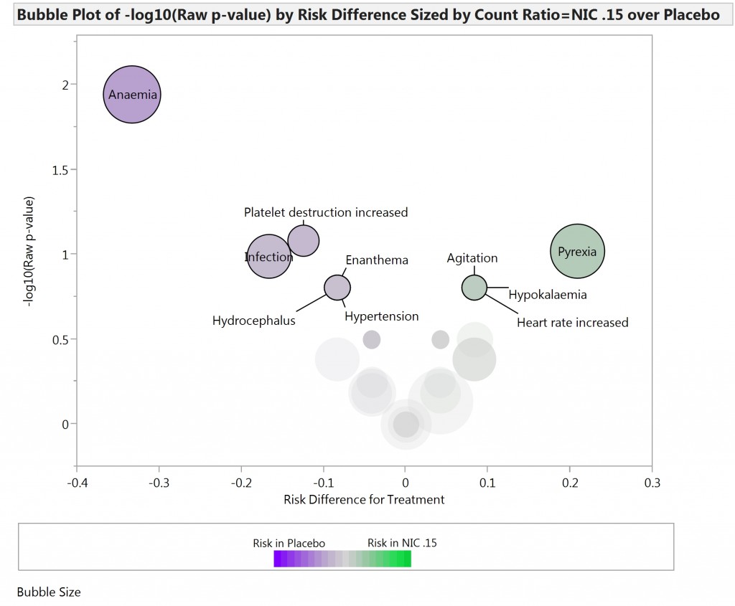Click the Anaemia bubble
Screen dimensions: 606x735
pyautogui.click(x=132, y=95)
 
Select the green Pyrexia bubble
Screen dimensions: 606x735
pyautogui.click(x=577, y=252)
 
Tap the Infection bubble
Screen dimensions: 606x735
pyautogui.click(x=268, y=257)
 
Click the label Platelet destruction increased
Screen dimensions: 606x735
pyautogui.click(x=325, y=212)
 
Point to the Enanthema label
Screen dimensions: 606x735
pyautogui.click(x=376, y=260)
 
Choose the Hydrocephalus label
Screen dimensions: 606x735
pyautogui.click(x=253, y=321)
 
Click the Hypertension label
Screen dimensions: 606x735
pyautogui.click(x=381, y=316)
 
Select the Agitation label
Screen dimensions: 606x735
pyautogui.click(x=472, y=258)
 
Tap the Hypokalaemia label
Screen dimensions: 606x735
pyautogui.click(x=548, y=295)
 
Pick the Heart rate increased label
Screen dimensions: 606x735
pyautogui.click(x=572, y=323)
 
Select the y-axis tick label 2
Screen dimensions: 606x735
pyautogui.click(x=65, y=85)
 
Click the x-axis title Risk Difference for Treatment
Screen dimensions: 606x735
pyautogui.click(x=364, y=499)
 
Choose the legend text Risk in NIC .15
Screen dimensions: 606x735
pyautogui.click(x=402, y=544)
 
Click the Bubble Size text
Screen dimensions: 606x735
pyautogui.click(x=49, y=592)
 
